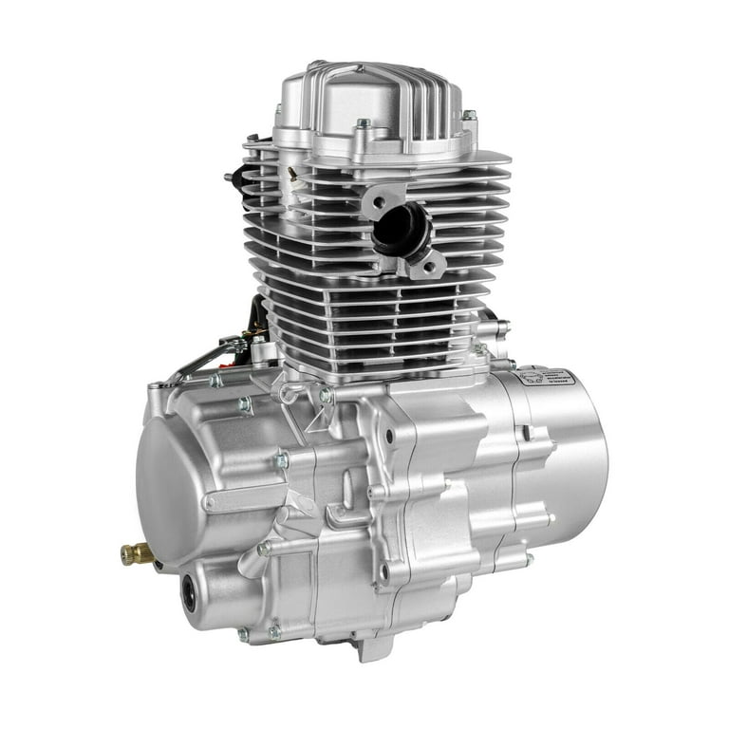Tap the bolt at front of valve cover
(363, 125)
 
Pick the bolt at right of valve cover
(468, 116)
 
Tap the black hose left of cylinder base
(259, 313)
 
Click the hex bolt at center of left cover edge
(281, 460)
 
